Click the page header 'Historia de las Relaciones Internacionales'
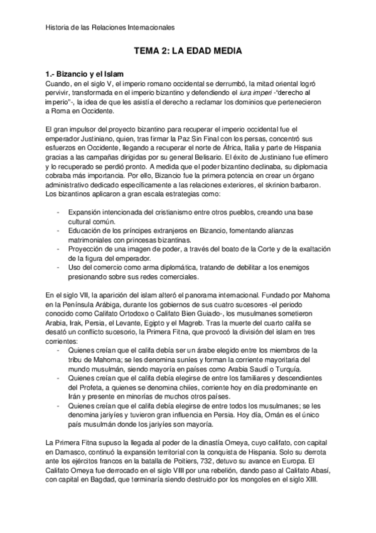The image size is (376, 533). click(x=110, y=28)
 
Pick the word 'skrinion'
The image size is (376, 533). click(x=266, y=185)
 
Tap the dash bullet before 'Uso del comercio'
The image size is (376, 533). click(x=58, y=266)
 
